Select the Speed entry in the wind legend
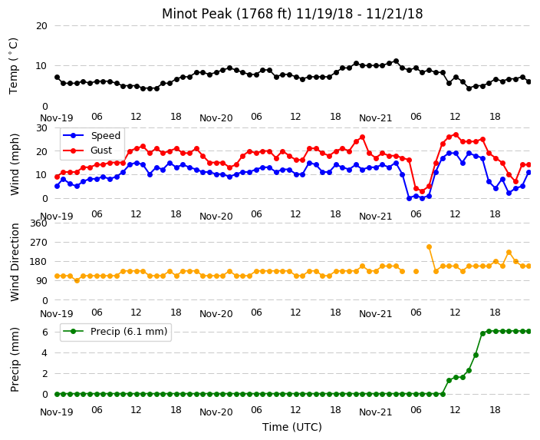click(x=91, y=135)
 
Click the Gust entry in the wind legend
click(x=87, y=151)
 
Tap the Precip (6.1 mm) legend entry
click(x=115, y=332)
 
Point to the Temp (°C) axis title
click(x=13, y=66)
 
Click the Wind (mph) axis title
click(x=15, y=164)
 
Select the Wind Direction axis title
click(x=15, y=263)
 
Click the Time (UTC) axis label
click(x=292, y=427)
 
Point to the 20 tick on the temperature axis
click(x=41, y=26)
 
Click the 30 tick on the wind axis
click(x=41, y=128)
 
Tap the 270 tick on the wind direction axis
click(x=38, y=243)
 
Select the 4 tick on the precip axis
click(x=44, y=352)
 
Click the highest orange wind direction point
click(x=429, y=247)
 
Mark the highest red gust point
click(x=456, y=134)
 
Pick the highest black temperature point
click(x=396, y=61)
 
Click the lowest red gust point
click(x=422, y=191)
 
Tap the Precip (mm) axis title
click(x=15, y=359)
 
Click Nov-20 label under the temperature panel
click(x=216, y=118)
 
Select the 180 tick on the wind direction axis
click(x=38, y=262)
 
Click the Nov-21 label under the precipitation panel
click(x=376, y=412)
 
